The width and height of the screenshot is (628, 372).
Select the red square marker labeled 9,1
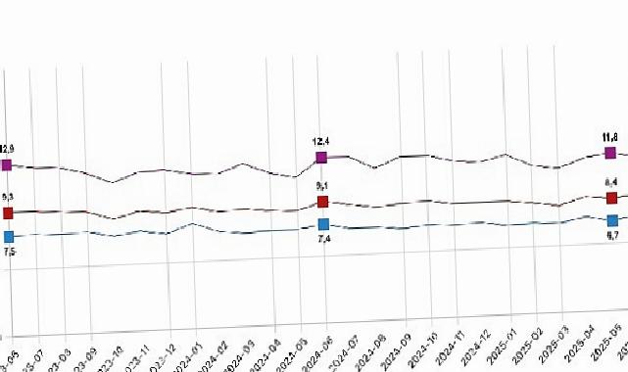click(322, 202)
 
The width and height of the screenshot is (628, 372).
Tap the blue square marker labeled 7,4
click(323, 226)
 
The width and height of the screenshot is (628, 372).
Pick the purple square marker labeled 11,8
click(610, 153)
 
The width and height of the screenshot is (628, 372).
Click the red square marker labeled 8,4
click(612, 199)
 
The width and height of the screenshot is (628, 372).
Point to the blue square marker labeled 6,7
click(613, 220)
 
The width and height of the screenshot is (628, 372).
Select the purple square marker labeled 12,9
click(7, 165)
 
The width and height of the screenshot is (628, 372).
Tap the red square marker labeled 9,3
click(8, 212)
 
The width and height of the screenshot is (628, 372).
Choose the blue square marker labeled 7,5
click(9, 236)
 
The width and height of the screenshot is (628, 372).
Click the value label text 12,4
click(320, 142)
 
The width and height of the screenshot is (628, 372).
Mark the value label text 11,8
click(608, 138)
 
